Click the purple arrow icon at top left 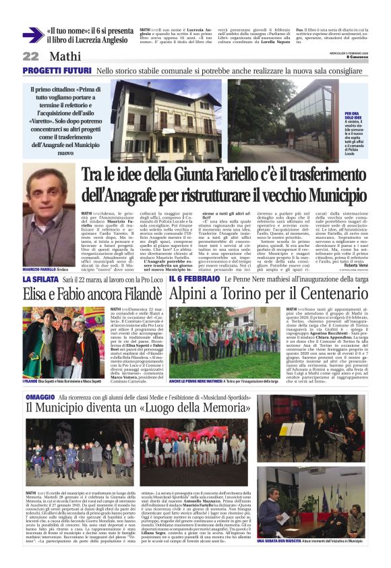tap(32, 35)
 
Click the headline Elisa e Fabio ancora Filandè tap(91, 293)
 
